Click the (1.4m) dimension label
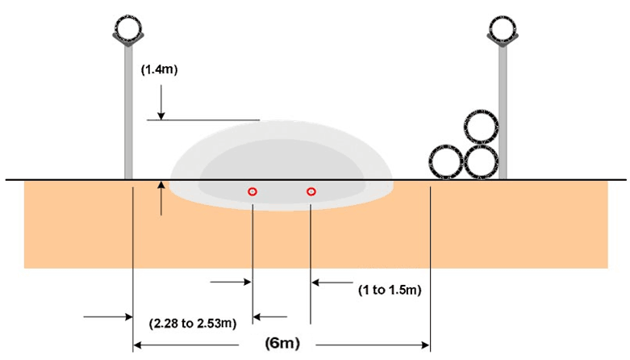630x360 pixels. click(x=159, y=69)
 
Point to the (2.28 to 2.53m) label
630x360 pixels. click(x=193, y=324)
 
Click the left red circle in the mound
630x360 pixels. click(x=252, y=191)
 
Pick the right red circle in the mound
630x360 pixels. click(x=311, y=191)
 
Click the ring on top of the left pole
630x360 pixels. click(x=129, y=27)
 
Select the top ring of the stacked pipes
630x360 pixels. click(x=482, y=129)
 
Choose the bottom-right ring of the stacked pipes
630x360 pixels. click(x=482, y=162)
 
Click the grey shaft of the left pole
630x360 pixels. click(x=128, y=113)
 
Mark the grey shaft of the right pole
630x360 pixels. click(x=503, y=113)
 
